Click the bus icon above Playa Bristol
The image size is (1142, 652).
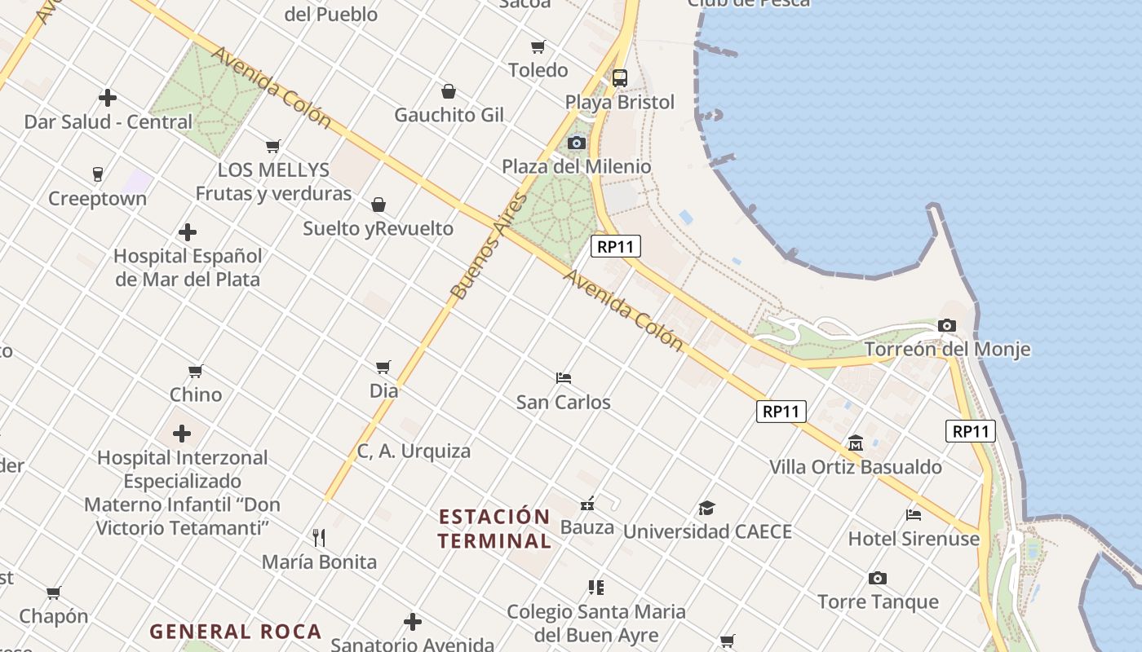tap(620, 78)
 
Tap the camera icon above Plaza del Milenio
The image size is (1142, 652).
tap(577, 143)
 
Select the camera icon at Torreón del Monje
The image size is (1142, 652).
tap(947, 325)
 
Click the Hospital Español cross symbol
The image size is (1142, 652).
tap(188, 232)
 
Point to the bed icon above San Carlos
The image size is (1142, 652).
tap(564, 378)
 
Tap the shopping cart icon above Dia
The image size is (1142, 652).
tap(383, 368)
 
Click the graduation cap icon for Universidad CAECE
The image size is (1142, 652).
tap(707, 509)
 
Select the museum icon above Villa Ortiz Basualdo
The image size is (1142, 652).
tap(856, 443)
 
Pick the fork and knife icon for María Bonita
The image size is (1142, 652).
tap(319, 538)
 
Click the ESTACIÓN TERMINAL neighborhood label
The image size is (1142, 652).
tap(494, 528)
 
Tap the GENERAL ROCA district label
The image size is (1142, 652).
tap(236, 632)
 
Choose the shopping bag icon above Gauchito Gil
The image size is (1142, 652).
tap(449, 91)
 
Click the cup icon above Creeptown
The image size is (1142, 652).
tap(98, 174)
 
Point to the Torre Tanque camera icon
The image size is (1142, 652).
tap(878, 579)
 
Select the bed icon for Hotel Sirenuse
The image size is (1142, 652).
tap(914, 515)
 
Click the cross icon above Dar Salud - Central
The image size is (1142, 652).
tap(108, 99)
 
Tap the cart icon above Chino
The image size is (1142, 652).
tap(196, 372)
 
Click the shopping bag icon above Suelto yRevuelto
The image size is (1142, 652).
tap(378, 204)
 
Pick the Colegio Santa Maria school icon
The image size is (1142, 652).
tap(596, 587)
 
